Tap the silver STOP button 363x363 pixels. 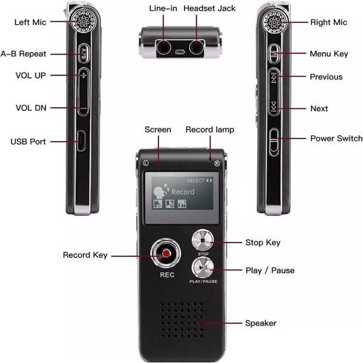click(203, 240)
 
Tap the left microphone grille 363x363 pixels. click(82, 22)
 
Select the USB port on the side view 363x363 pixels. click(82, 141)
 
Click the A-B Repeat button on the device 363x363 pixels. click(83, 54)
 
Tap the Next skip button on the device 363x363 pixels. click(275, 107)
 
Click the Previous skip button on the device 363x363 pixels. click(275, 77)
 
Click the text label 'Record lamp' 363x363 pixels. click(209, 129)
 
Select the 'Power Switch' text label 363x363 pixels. click(336, 139)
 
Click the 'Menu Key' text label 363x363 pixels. click(329, 54)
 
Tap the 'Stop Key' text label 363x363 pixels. click(263, 243)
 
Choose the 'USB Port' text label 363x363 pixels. click(28, 142)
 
